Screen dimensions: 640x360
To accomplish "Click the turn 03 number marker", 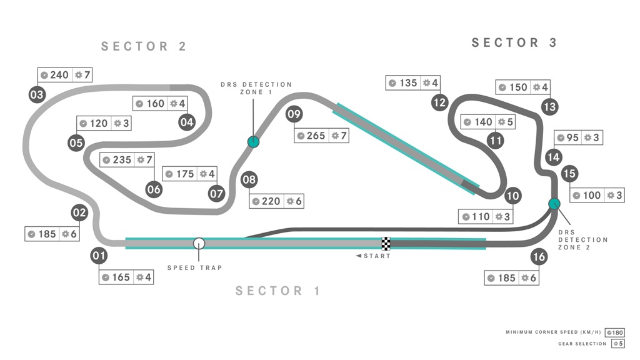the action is click(37, 95).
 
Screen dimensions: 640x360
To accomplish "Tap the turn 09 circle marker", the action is click(294, 114).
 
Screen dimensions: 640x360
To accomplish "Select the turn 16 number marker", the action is click(539, 257).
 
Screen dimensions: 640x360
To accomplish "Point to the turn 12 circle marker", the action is click(439, 102).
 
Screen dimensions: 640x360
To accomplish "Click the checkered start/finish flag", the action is click(386, 244).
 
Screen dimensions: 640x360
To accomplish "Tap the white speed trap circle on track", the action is click(199, 244).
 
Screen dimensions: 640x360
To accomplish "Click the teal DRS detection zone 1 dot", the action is click(254, 142).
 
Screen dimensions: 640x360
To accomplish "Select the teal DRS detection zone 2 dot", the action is click(554, 204).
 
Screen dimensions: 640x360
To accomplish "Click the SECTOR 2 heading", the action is click(144, 46).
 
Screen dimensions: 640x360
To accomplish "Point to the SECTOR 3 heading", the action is click(514, 42).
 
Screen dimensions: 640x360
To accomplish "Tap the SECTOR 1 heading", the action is click(277, 291).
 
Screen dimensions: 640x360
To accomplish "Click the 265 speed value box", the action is click(322, 136).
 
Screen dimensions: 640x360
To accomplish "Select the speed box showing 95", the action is click(578, 137).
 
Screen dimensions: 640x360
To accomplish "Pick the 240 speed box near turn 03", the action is click(65, 75).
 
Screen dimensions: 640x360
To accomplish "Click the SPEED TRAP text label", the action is click(195, 267).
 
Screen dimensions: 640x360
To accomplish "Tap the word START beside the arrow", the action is click(377, 256).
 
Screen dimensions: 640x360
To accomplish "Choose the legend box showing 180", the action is click(615, 332).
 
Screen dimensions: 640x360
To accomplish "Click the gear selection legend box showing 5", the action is click(618, 344).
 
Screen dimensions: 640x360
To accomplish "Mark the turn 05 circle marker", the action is click(76, 143).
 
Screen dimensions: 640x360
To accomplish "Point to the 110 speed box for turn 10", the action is click(486, 217).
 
